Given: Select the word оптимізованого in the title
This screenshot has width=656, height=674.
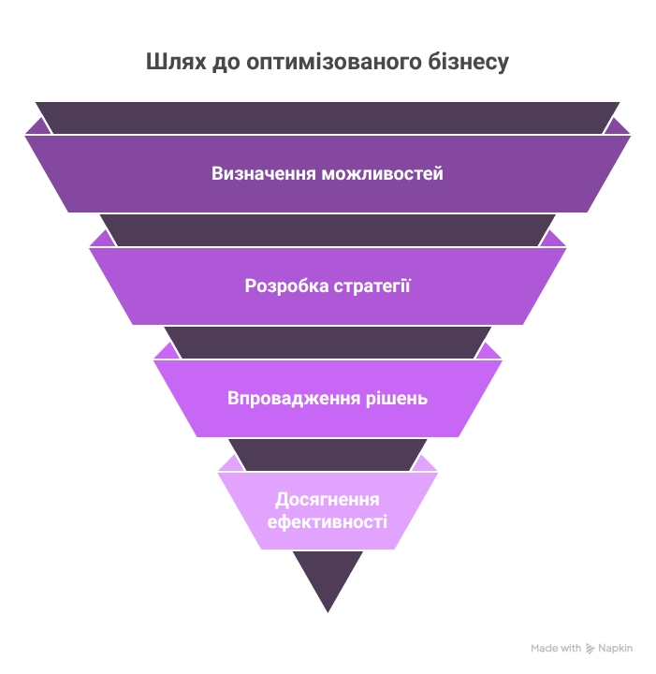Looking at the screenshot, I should point(325,64).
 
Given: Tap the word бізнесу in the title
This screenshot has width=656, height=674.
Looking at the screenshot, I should point(465,64).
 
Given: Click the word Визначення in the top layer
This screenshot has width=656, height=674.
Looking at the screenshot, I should point(263,174).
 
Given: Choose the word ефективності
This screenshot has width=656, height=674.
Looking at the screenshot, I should point(328,521).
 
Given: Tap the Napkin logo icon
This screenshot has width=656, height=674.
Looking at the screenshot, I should point(590,648).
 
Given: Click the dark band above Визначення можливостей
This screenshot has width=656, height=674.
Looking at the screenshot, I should point(328,118).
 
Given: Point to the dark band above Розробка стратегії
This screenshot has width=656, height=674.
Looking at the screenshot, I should point(328,230).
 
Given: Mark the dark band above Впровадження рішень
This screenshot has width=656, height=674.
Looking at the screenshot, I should point(328,343).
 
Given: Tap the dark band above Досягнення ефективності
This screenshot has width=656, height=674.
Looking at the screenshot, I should point(328,455).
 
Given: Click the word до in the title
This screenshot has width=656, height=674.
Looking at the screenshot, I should point(224,64).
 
